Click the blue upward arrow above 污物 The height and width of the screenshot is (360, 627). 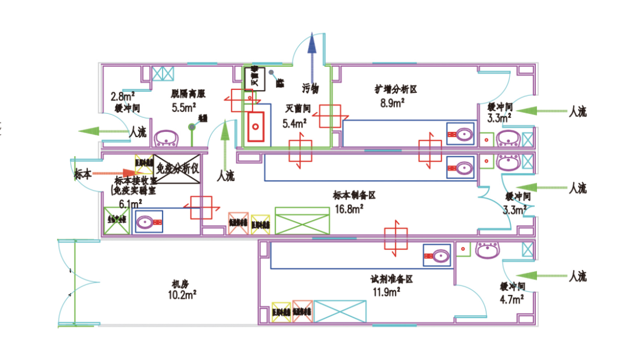(x=312, y=58)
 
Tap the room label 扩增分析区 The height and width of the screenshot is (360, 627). (x=397, y=89)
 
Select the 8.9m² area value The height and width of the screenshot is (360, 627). (x=392, y=103)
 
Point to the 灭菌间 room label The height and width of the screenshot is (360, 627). (x=297, y=109)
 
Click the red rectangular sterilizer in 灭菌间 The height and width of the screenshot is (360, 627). (x=255, y=123)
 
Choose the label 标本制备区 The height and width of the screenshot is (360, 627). (x=354, y=196)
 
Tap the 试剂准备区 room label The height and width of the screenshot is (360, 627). (x=392, y=279)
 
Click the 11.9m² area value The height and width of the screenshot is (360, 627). (x=387, y=293)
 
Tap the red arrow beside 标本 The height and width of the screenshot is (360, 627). (x=114, y=172)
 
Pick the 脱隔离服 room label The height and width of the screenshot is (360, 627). (x=188, y=93)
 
